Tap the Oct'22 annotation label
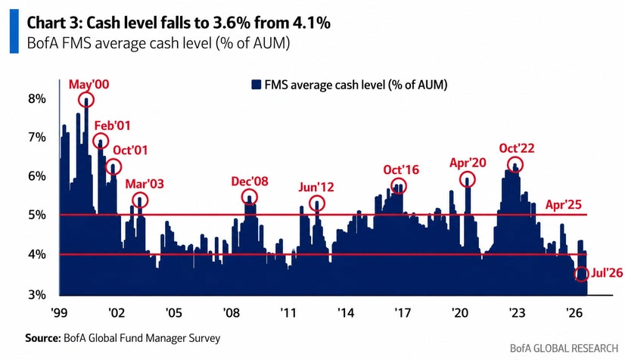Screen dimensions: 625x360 (x=517, y=148)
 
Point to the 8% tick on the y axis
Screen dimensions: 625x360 (x=37, y=99)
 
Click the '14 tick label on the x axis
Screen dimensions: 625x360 (x=345, y=312)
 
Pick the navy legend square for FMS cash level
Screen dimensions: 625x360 (x=256, y=85)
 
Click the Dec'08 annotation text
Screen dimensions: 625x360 (x=250, y=182)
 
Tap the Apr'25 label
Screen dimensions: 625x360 (x=564, y=205)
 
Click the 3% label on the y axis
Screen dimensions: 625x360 (x=37, y=295)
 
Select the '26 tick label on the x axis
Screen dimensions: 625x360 (x=574, y=312)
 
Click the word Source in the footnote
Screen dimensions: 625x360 (x=42, y=338)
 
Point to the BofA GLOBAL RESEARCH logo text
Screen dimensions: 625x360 (x=564, y=348)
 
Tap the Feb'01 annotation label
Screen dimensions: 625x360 (x=113, y=126)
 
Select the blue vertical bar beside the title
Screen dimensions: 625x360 (x=14, y=31)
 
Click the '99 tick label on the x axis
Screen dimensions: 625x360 (x=59, y=312)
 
